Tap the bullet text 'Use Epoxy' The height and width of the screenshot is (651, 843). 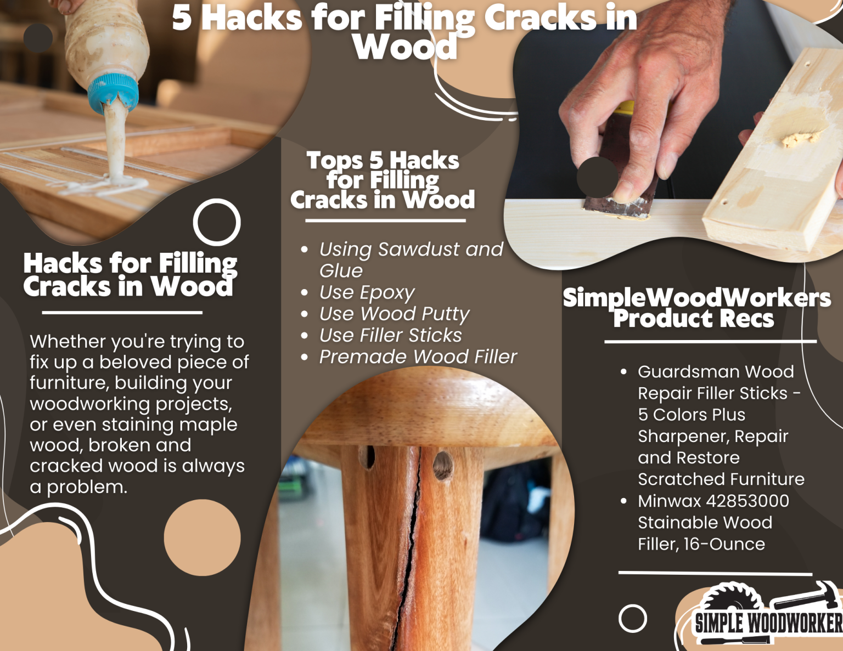click(367, 292)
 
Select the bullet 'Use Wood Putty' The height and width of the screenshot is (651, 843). click(394, 314)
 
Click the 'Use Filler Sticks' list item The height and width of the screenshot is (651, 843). click(390, 335)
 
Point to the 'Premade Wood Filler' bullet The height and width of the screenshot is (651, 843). click(418, 357)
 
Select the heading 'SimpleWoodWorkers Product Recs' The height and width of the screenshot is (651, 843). click(696, 308)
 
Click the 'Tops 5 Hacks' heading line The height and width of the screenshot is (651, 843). click(383, 161)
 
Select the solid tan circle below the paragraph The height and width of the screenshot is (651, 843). click(202, 537)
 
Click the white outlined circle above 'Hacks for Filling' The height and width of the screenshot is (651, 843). click(217, 222)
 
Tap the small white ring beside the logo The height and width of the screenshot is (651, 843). click(632, 619)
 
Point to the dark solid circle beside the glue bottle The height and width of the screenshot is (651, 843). click(38, 38)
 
